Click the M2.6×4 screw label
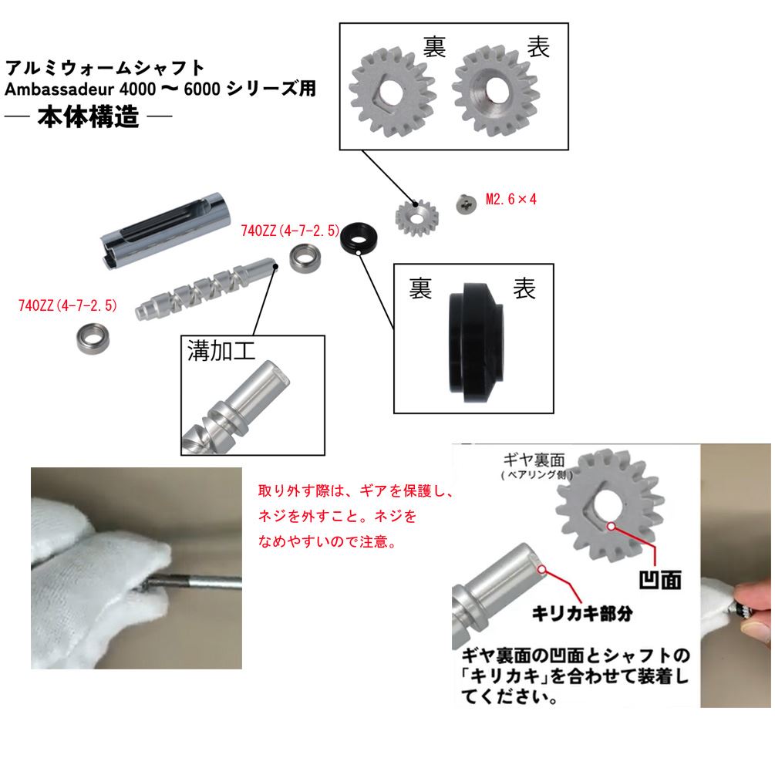510,199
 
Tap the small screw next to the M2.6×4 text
465,204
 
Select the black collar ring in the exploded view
359,238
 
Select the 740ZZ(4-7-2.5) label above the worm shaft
290,229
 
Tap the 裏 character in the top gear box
434,47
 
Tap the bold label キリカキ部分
582,614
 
